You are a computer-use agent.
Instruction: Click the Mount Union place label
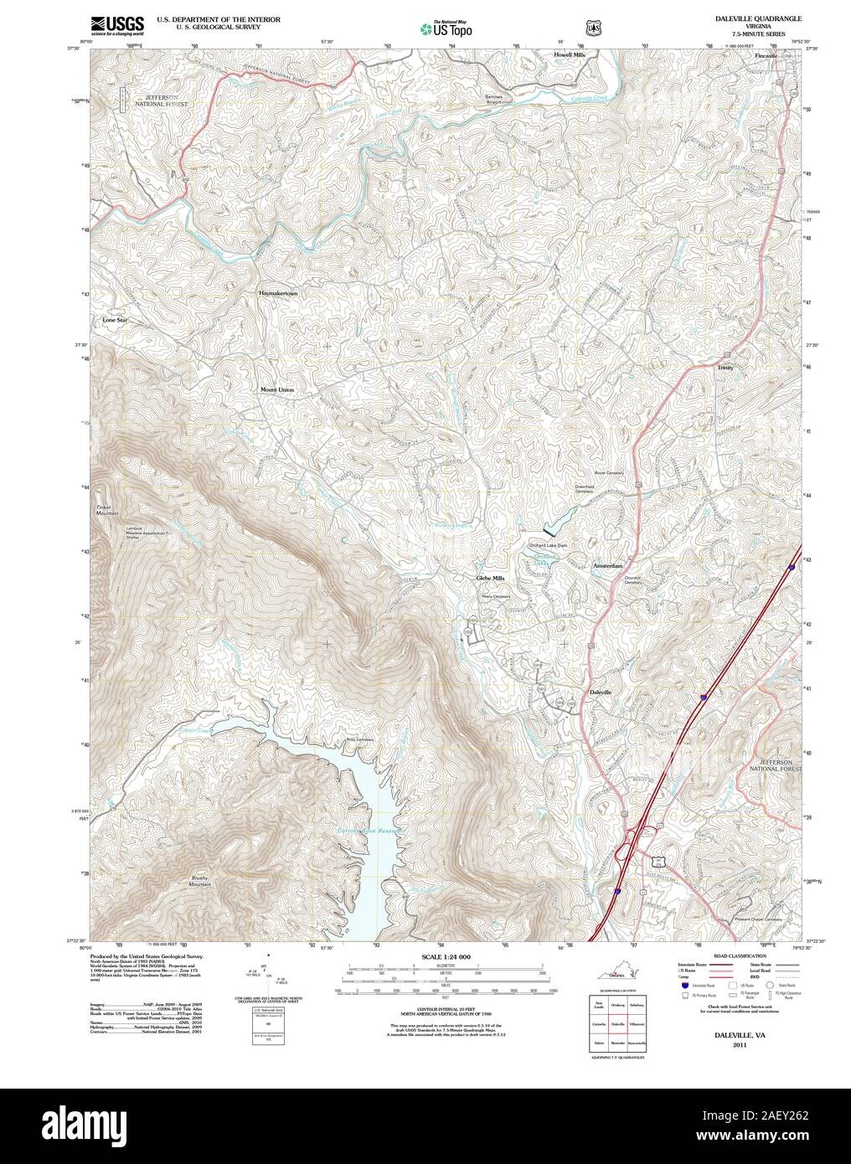pyautogui.click(x=276, y=390)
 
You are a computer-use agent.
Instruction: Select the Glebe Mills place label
pyautogui.click(x=491, y=578)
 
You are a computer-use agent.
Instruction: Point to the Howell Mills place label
pyautogui.click(x=569, y=54)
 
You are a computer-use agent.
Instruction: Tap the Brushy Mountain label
pyautogui.click(x=199, y=881)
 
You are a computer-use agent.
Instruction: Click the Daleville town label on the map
pyautogui.click(x=601, y=693)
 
